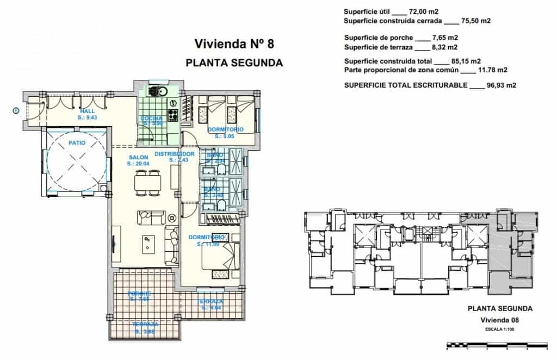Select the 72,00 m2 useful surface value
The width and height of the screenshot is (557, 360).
point(426,11)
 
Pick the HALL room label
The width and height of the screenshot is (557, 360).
point(87,111)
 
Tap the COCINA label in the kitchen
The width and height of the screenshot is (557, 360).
point(150,118)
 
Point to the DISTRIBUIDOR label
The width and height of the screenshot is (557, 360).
point(175,154)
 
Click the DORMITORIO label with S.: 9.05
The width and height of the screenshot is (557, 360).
point(225,129)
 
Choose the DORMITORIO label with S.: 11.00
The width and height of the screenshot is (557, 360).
point(207,237)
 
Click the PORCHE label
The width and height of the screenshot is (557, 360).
point(139,294)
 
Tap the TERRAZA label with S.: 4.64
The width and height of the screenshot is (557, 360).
point(210,301)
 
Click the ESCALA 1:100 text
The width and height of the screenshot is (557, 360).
point(500,329)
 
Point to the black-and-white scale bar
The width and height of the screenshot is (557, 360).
point(496,345)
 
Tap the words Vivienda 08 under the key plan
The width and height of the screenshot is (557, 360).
point(500,320)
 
